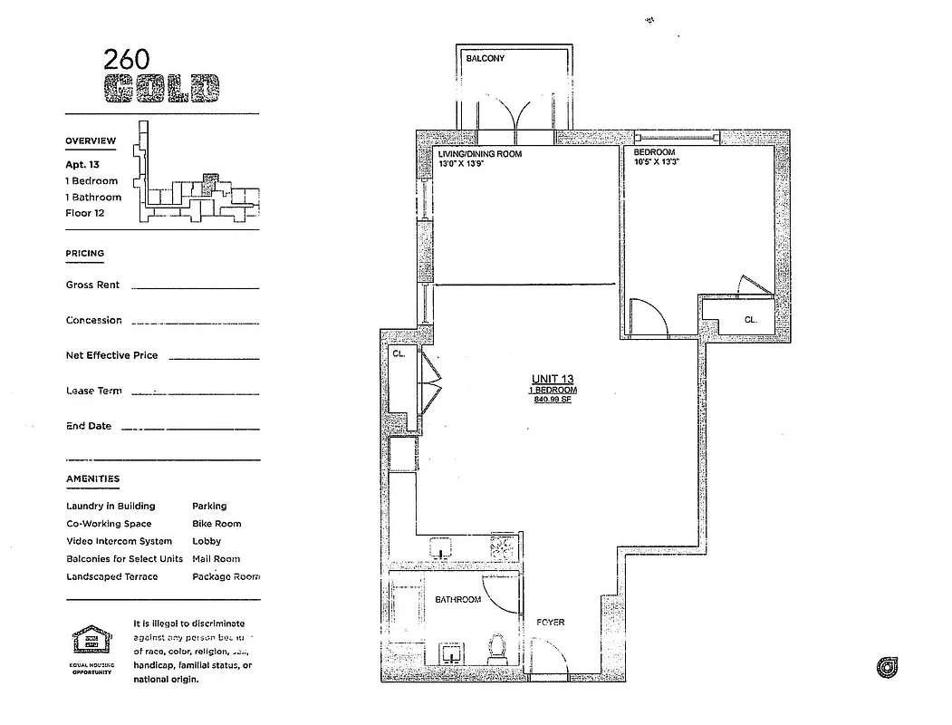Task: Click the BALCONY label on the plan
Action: coord(485,59)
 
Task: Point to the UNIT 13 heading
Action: coord(552,380)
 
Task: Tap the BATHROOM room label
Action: coord(457,600)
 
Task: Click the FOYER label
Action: coord(550,623)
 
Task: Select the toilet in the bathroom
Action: coord(496,647)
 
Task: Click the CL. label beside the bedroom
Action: coord(750,320)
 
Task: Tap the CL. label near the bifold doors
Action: coord(398,354)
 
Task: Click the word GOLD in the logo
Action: coord(161,88)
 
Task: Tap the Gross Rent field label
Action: coord(92,285)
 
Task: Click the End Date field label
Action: coord(89,426)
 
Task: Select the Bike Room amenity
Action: coord(216,524)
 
